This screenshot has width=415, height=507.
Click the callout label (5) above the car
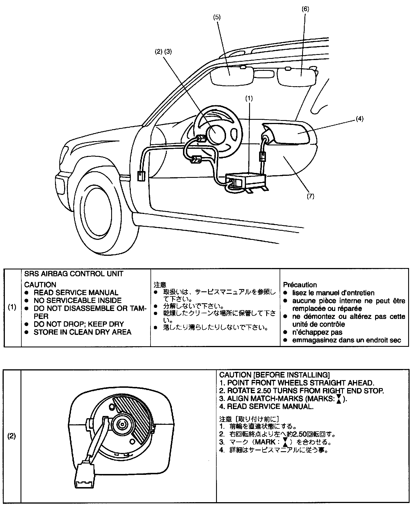pyautogui.click(x=217, y=17)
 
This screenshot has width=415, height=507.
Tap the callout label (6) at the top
pyautogui.click(x=305, y=9)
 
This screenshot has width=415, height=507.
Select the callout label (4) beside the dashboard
pyautogui.click(x=359, y=119)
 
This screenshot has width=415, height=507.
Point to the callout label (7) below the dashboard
pyautogui.click(x=310, y=196)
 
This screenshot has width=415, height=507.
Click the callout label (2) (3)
pyautogui.click(x=163, y=52)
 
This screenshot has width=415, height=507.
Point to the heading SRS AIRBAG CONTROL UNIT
pyautogui.click(x=74, y=274)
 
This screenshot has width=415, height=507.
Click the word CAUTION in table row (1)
pyautogui.click(x=40, y=285)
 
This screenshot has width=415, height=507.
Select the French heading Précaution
pyautogui.click(x=300, y=285)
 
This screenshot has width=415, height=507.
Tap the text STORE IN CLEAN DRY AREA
pyautogui.click(x=82, y=332)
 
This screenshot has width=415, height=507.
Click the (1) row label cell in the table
pyautogui.click(x=12, y=308)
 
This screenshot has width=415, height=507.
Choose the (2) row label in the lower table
pyautogui.click(x=12, y=436)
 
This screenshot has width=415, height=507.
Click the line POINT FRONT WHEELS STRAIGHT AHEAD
pyautogui.click(x=300, y=383)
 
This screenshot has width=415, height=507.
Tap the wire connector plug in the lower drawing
pyautogui.click(x=84, y=475)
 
